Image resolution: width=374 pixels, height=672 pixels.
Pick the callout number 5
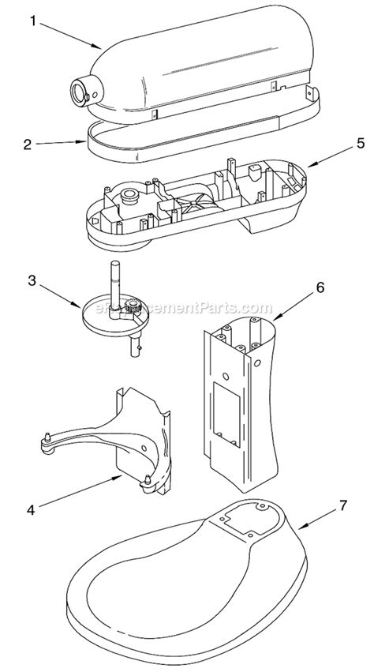coord(338,144)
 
